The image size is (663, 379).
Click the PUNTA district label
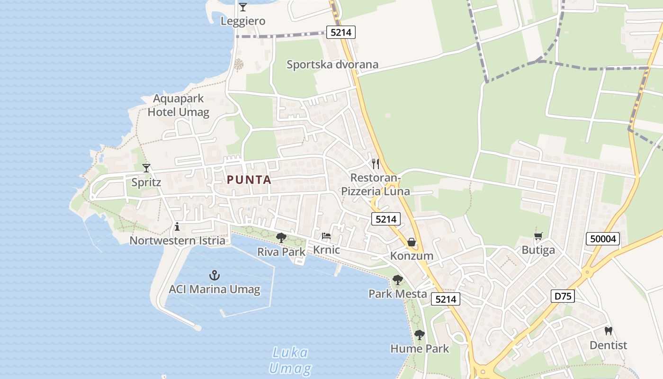(249, 180)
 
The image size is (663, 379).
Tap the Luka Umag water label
(290, 361)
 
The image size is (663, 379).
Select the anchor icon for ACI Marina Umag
(215, 275)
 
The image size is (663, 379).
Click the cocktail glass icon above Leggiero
(243, 7)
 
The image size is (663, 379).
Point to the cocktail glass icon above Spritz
(146, 168)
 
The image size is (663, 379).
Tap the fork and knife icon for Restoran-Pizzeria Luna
(376, 164)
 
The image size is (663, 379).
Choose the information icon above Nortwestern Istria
(177, 226)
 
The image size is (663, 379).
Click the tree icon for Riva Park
(281, 237)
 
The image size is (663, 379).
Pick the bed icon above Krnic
(326, 235)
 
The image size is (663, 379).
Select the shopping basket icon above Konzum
(412, 242)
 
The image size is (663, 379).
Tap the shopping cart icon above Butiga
(538, 236)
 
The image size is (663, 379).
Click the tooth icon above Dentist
(609, 331)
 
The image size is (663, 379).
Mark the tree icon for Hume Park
(419, 335)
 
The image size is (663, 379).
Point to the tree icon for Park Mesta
(398, 280)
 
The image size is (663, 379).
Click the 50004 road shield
(603, 239)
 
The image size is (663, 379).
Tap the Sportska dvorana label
(332, 64)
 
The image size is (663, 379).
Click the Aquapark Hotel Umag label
(179, 105)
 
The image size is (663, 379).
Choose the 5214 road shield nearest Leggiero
(340, 32)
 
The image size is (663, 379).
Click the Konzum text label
(412, 256)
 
